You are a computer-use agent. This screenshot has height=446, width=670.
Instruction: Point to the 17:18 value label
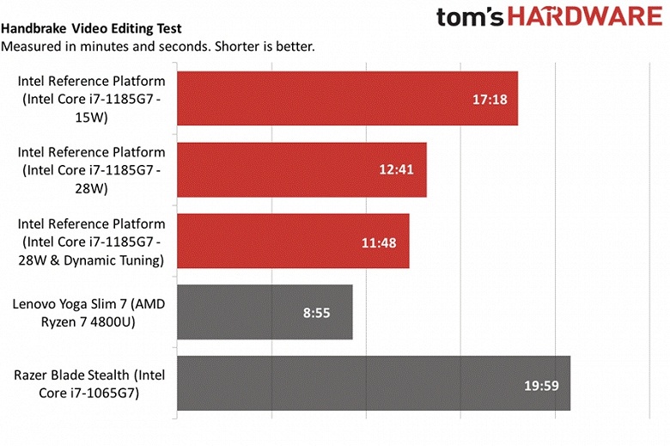click(x=490, y=99)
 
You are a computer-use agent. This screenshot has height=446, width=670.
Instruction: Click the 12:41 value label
click(x=396, y=169)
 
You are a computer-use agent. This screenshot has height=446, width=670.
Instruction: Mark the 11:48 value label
click(x=379, y=242)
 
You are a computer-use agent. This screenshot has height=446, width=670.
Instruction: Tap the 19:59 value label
click(x=541, y=384)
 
